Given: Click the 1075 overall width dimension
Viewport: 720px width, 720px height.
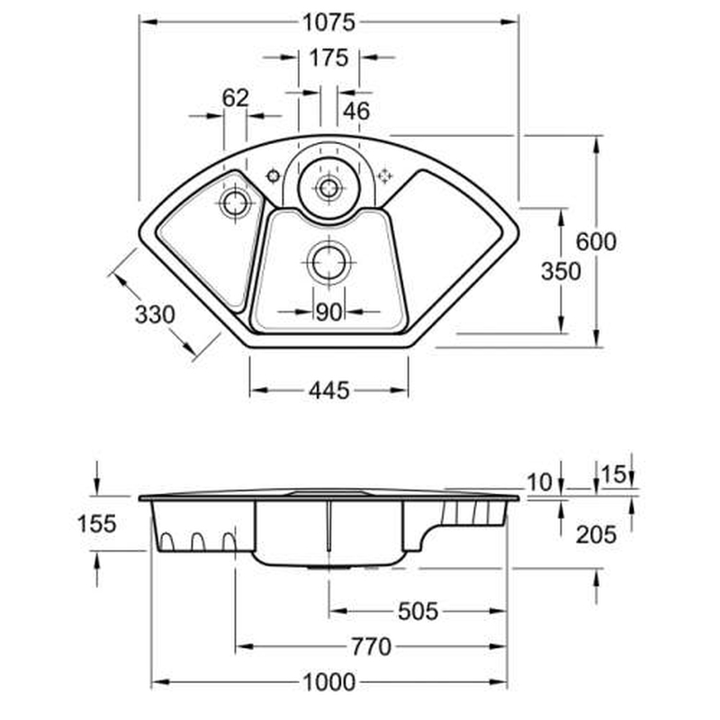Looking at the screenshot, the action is (328, 22).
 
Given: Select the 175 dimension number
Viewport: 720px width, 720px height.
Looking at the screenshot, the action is (328, 58).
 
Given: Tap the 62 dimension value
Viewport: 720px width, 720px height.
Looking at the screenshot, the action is (235, 98).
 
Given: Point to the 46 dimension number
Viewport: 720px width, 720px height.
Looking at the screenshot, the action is (356, 111).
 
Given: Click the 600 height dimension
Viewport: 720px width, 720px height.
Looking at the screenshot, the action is (596, 241).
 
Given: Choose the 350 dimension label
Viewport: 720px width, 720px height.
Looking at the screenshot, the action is (561, 271).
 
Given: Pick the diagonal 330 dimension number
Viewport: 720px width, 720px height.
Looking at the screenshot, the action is (155, 314).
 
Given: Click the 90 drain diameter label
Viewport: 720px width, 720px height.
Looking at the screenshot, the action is (328, 312).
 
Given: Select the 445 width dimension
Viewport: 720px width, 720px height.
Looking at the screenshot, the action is (328, 391).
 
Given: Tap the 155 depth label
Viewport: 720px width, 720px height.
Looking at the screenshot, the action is (97, 524).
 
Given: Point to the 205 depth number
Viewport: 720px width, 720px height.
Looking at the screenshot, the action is (596, 535).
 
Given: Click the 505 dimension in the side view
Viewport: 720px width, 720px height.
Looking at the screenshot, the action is (418, 611).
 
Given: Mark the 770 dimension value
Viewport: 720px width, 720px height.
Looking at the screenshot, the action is (371, 646).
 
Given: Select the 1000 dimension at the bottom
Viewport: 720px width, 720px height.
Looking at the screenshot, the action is (328, 682).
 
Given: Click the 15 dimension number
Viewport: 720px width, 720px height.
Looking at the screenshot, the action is (614, 474).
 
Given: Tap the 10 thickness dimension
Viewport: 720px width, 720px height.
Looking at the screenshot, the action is (539, 482).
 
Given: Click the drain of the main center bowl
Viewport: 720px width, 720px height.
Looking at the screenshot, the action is (328, 263).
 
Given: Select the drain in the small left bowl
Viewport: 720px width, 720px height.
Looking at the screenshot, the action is (235, 203).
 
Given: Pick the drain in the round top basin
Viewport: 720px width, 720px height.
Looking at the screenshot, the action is (328, 188).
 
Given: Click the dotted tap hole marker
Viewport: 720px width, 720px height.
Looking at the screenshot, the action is (385, 175).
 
